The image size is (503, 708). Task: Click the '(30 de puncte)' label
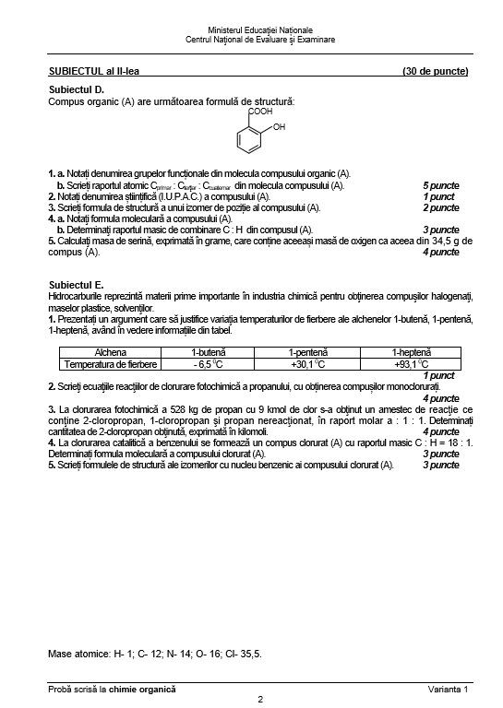[x=436, y=71]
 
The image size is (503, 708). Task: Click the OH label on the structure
[x=280, y=127]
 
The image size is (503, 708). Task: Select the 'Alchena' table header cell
[x=111, y=352]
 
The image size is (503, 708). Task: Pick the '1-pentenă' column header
[x=308, y=352]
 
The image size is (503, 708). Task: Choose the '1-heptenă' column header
[x=411, y=352]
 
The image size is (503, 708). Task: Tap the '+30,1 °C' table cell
[x=308, y=364]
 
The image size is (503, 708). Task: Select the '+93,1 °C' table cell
[x=411, y=364]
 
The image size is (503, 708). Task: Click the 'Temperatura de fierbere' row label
[x=111, y=364]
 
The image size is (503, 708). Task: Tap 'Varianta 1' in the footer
[x=449, y=689]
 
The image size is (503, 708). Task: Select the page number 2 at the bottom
[x=261, y=699]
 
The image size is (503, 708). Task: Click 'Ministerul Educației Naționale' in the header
[x=260, y=30]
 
